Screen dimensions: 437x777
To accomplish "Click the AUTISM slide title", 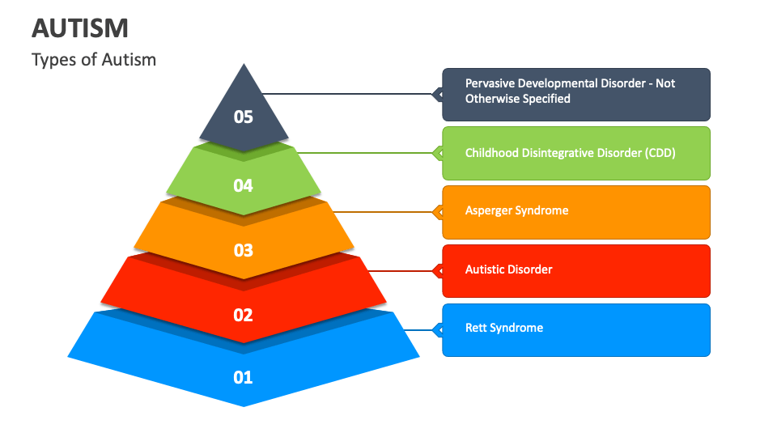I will pyautogui.click(x=80, y=28).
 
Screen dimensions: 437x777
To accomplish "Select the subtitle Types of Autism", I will pyautogui.click(x=94, y=59).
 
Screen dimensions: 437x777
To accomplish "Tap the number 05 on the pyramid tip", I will pyautogui.click(x=244, y=117).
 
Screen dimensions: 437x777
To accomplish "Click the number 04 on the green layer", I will pyautogui.click(x=244, y=186).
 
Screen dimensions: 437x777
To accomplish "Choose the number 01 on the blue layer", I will pyautogui.click(x=244, y=377).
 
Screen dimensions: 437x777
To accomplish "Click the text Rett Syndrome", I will pyautogui.click(x=503, y=328).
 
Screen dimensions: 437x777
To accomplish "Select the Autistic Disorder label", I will pyautogui.click(x=508, y=269).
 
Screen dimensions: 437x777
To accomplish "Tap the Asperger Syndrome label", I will pyautogui.click(x=516, y=210).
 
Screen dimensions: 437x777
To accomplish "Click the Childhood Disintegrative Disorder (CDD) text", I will pyautogui.click(x=570, y=152).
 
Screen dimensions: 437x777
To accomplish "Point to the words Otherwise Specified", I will pyautogui.click(x=517, y=99).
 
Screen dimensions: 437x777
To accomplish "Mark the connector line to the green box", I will pyautogui.click(x=364, y=152).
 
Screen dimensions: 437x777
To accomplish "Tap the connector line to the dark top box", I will pyautogui.click(x=348, y=94).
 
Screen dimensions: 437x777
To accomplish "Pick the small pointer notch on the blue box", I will pyautogui.click(x=439, y=329).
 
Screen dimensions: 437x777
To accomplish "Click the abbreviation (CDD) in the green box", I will pyautogui.click(x=659, y=152).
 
